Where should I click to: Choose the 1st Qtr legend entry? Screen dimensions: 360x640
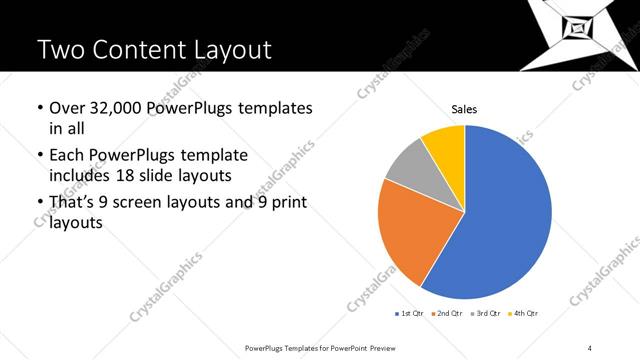pos(410,314)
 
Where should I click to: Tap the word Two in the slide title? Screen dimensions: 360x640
pos(59,49)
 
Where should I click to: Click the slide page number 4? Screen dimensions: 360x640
pos(591,347)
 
